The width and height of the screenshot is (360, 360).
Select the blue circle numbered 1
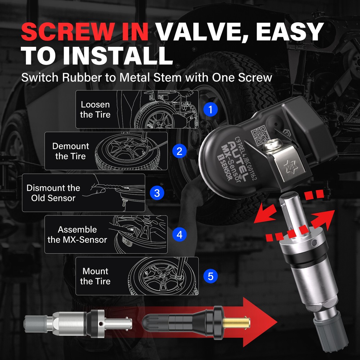click(211, 109)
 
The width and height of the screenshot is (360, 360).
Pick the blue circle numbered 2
click(179, 151)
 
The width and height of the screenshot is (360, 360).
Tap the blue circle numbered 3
click(157, 193)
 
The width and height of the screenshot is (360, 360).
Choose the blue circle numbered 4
click(179, 235)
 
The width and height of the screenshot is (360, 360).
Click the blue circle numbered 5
click(211, 276)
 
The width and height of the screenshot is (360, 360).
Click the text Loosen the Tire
click(95, 109)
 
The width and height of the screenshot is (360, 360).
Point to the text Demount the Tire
click(71, 151)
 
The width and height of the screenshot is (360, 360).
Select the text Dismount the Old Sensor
click(53, 193)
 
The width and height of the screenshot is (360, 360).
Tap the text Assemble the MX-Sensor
click(77, 235)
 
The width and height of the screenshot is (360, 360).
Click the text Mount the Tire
click(95, 276)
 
